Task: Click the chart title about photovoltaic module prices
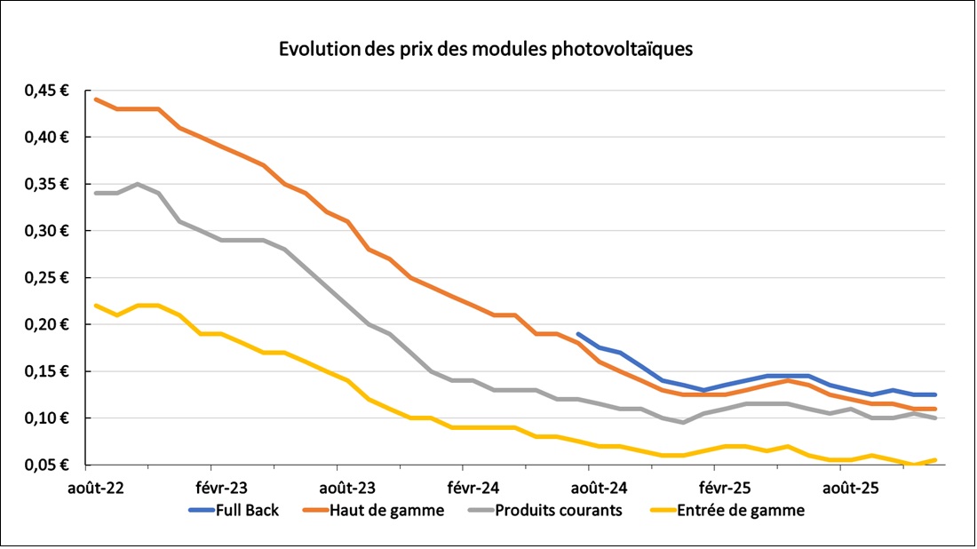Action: click(486, 50)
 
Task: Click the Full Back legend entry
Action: click(234, 511)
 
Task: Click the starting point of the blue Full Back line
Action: click(578, 334)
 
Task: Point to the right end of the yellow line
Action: click(935, 460)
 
